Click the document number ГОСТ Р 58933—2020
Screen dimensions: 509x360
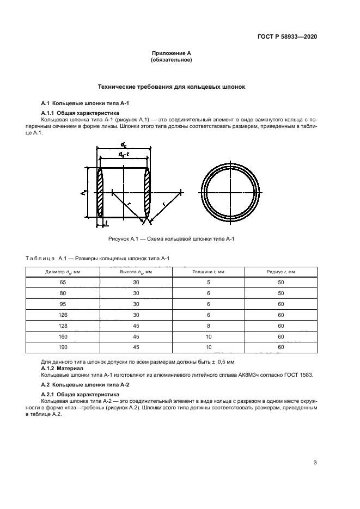pos(287,36)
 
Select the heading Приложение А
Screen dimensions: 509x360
pos(171,53)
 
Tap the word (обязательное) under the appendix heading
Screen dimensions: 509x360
pos(171,60)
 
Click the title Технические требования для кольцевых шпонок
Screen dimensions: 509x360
pos(171,87)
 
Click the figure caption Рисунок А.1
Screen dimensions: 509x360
pos(172,239)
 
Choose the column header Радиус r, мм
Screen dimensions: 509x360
pos(281,271)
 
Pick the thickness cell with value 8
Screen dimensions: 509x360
pos(208,326)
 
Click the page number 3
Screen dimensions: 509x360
pos(315,463)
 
